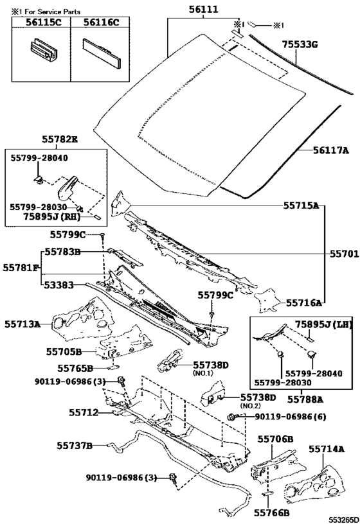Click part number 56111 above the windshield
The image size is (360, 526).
click(203, 9)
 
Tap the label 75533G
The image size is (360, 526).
click(300, 44)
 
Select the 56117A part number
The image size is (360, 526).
click(331, 150)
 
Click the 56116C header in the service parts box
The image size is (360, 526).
click(101, 22)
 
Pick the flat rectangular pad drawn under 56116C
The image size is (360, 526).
click(102, 53)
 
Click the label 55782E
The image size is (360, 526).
click(60, 139)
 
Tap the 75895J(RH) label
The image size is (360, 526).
click(52, 217)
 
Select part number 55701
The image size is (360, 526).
click(344, 254)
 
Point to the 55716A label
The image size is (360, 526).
click(304, 303)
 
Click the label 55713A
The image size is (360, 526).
click(22, 324)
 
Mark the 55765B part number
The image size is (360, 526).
click(75, 369)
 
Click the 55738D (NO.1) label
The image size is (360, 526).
click(211, 368)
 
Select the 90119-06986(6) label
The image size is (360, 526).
click(291, 417)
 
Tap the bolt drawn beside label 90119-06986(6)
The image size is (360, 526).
click(233, 417)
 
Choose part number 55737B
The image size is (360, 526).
click(74, 446)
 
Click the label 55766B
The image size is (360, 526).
click(272, 513)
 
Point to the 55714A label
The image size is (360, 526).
click(327, 449)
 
